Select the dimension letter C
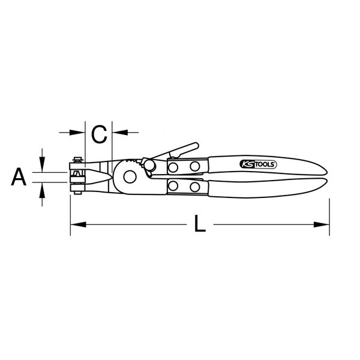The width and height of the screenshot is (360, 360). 99,133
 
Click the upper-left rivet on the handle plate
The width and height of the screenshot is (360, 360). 174,166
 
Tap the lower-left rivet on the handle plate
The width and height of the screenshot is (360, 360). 174,187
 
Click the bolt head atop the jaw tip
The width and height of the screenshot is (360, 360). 76,160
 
